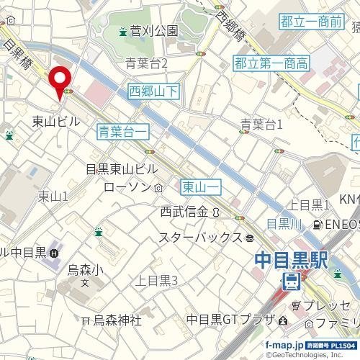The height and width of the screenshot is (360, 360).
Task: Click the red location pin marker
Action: click(58, 79)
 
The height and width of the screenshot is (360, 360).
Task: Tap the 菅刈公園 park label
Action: click(153, 32)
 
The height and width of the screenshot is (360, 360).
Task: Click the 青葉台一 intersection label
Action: click(123, 131)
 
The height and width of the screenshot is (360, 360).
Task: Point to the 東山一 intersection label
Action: click(199, 186)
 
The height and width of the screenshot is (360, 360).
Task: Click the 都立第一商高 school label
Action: click(271, 64)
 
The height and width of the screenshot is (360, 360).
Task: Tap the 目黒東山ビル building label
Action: click(121, 169)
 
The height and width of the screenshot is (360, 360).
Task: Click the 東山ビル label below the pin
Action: click(56, 122)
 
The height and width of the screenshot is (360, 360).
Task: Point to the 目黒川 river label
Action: click(283, 223)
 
